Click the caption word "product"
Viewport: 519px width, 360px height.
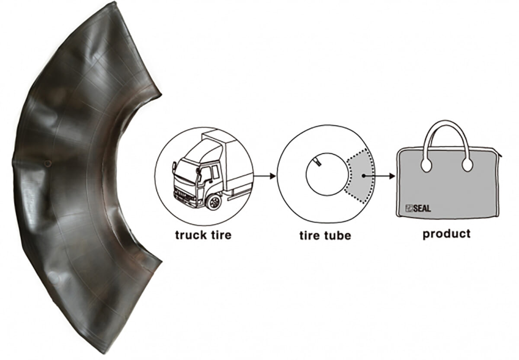pyautogui.click(x=447, y=234)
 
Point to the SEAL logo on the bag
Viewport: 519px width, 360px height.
pyautogui.click(x=418, y=209)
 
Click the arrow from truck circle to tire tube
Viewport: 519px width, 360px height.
pyautogui.click(x=265, y=176)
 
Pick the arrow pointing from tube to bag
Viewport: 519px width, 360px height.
pyautogui.click(x=379, y=176)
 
